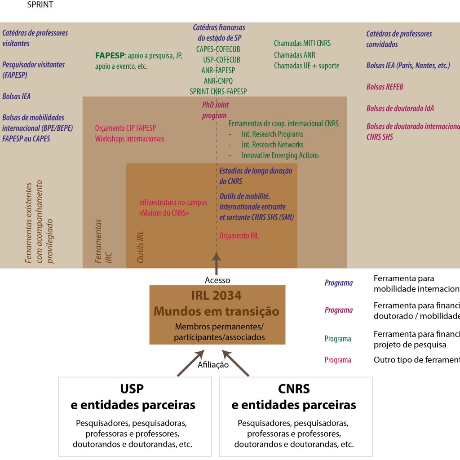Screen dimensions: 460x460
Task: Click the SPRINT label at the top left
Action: tap(40, 5)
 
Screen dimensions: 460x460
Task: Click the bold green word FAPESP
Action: tap(110, 56)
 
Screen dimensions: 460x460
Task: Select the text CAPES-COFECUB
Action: tap(218, 49)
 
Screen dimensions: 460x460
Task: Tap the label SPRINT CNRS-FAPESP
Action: tap(218, 91)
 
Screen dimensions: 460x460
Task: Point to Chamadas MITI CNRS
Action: tap(302, 44)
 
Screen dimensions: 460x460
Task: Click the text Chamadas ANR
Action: tap(294, 55)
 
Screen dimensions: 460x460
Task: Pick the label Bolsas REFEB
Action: tap(385, 87)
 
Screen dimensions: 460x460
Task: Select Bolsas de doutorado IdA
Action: tap(400, 108)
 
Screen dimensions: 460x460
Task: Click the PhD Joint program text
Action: tap(215, 110)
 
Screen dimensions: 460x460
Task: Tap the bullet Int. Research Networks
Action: tap(272, 145)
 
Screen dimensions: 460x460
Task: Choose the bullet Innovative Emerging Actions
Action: tap(280, 155)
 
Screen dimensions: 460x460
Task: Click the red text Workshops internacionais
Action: tap(129, 139)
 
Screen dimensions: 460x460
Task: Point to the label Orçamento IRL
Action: tap(239, 236)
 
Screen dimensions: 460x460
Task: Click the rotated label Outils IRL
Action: tap(141, 248)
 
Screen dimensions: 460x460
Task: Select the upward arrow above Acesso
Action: tap(217, 262)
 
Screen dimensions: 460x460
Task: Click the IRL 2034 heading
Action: tap(217, 296)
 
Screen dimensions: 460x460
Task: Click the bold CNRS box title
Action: tap(294, 389)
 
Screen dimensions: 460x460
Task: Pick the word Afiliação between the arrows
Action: tap(213, 365)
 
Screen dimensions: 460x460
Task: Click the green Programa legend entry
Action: tap(338, 339)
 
